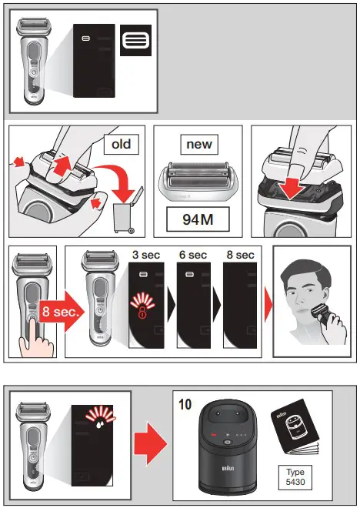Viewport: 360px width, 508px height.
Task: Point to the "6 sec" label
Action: click(192, 255)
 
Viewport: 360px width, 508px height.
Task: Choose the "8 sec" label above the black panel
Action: click(238, 255)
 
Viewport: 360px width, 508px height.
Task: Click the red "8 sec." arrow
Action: click(50, 313)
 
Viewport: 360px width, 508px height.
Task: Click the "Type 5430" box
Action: click(296, 473)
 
